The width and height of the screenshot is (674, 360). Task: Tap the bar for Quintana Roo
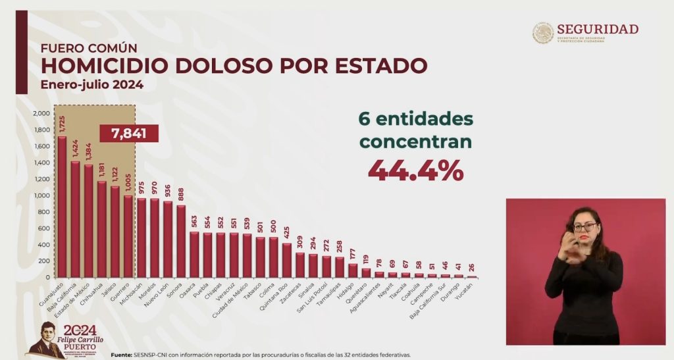point(286,261)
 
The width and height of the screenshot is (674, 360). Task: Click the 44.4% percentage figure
point(415,170)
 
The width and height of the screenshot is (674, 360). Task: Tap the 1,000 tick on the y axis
point(41,195)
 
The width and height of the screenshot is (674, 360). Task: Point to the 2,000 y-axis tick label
point(41,113)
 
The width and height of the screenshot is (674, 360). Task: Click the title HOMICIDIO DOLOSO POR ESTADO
point(234,66)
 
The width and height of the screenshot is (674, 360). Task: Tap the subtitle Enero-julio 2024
point(91,85)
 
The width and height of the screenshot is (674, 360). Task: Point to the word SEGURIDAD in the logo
point(597,29)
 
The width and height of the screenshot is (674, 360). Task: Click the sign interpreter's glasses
point(584,227)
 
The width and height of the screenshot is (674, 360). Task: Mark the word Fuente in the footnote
point(124,354)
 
